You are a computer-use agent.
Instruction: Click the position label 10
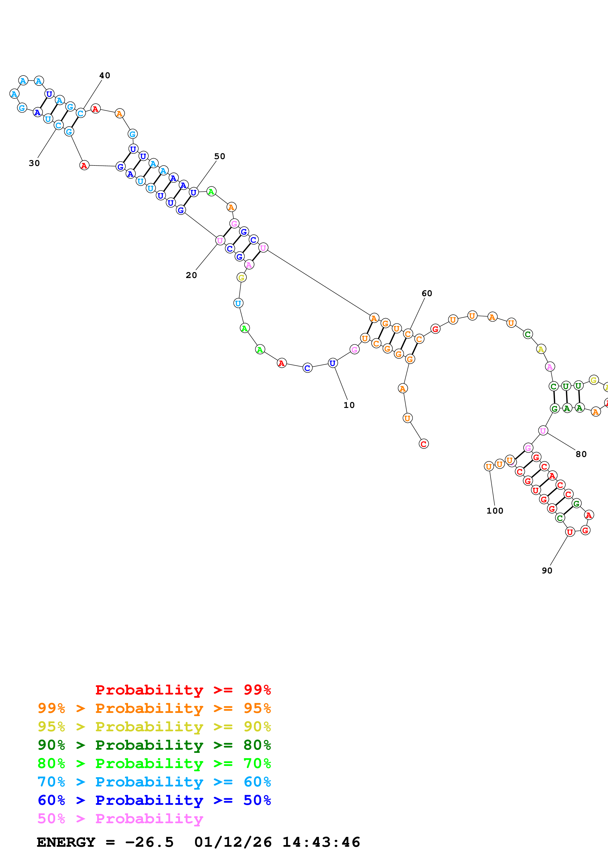(349, 405)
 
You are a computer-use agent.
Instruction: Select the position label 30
(34, 163)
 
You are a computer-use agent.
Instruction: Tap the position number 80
(581, 454)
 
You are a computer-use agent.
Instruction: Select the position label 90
(547, 571)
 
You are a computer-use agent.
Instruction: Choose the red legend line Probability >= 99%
(183, 690)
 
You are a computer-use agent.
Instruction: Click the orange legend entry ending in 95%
(154, 708)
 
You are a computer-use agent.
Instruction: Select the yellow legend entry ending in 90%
(154, 727)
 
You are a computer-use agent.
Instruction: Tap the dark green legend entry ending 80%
(154, 745)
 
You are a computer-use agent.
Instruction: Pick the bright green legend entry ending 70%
(154, 763)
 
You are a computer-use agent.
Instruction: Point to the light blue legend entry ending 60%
(154, 782)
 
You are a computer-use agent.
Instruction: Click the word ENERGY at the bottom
(66, 842)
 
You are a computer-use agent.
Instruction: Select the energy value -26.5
(149, 842)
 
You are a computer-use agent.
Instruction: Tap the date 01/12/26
(233, 842)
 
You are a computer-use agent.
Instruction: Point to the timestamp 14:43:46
(321, 842)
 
